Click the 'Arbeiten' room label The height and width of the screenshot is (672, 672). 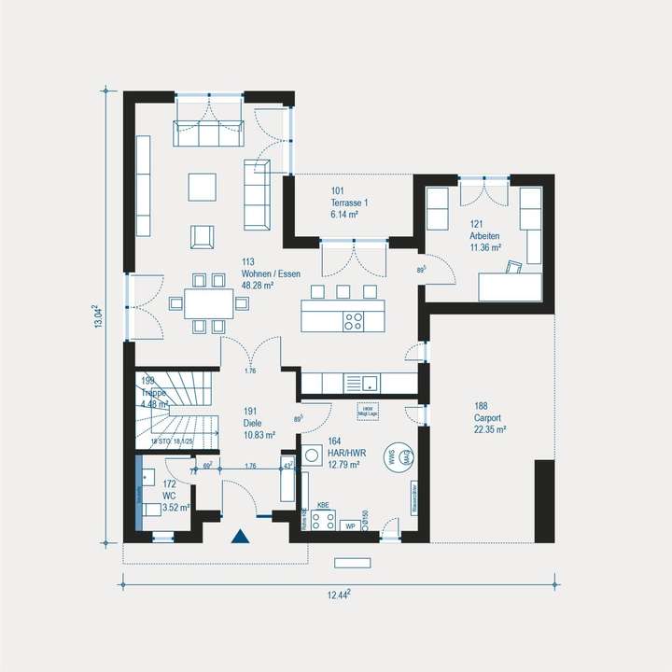pyautogui.click(x=485, y=237)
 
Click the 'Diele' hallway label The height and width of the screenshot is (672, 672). pyautogui.click(x=259, y=423)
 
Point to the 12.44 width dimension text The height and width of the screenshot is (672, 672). pyautogui.click(x=341, y=594)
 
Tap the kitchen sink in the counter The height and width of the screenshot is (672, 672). pyautogui.click(x=371, y=382)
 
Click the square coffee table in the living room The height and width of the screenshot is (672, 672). pyautogui.click(x=203, y=187)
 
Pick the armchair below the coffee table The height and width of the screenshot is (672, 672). pyautogui.click(x=203, y=237)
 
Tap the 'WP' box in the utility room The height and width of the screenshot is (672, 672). pyautogui.click(x=350, y=525)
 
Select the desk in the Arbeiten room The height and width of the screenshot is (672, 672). pyautogui.click(x=510, y=286)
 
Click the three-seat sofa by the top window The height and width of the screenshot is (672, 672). pyautogui.click(x=208, y=133)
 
